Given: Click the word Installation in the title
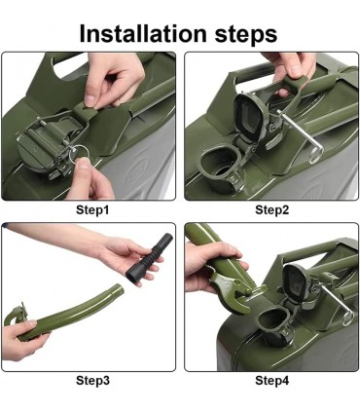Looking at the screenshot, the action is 143,33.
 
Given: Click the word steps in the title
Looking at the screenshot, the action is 246,34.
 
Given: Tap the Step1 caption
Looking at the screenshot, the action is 92,210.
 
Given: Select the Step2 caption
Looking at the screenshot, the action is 271,210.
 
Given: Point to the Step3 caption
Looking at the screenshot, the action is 92,380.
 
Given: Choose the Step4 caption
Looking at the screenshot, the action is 271,380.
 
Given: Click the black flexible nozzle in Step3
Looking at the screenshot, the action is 149,258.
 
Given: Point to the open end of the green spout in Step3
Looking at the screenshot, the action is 120,290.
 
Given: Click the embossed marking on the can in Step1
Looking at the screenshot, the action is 138,175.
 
